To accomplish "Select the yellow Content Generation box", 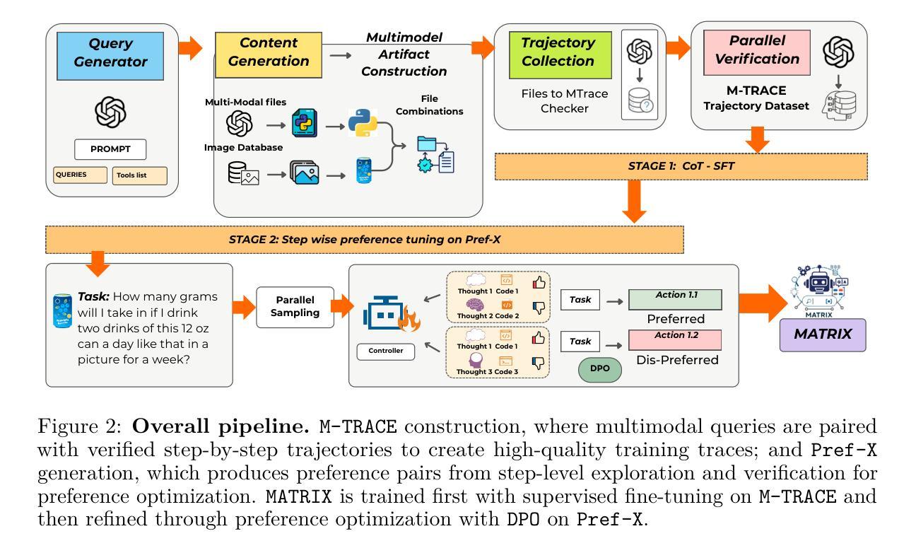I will (268, 52).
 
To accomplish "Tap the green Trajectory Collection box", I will (558, 52).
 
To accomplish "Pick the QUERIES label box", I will (80, 175).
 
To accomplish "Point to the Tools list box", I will (139, 175).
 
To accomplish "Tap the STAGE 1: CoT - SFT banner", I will (690, 165).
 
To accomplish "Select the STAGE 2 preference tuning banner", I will (364, 239).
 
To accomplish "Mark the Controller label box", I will (386, 349).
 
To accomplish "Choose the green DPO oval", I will (599, 369).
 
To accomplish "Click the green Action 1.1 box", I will (674, 298).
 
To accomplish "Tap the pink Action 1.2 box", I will (674, 339).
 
